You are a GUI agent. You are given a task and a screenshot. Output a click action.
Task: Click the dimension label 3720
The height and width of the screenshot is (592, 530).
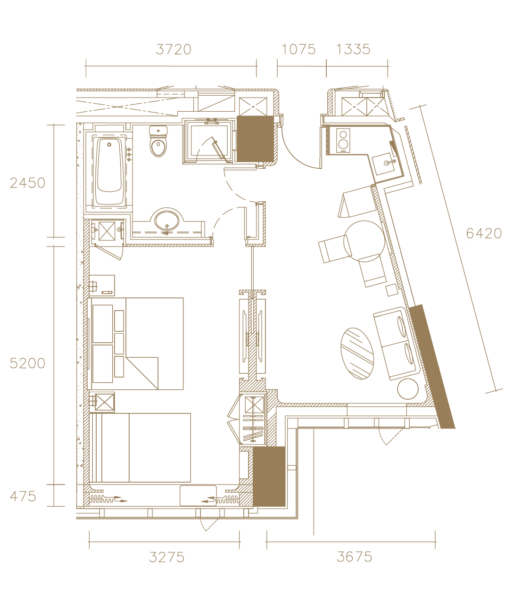[x=174, y=49]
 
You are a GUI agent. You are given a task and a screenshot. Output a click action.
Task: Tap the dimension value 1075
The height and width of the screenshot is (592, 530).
[x=298, y=49]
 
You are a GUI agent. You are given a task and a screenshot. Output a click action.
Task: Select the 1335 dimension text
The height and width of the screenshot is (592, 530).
[x=354, y=49]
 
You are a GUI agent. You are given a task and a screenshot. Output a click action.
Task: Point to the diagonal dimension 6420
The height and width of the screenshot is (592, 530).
[x=484, y=233]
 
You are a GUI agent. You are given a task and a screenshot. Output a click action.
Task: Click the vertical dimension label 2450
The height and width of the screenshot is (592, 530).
[x=27, y=183]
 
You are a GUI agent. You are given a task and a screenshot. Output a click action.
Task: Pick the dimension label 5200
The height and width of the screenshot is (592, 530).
[x=27, y=363]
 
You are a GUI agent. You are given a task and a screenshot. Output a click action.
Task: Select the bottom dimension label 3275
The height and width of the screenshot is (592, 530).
[x=166, y=558]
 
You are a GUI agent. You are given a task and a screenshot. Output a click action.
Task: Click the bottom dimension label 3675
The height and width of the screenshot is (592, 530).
[x=354, y=557]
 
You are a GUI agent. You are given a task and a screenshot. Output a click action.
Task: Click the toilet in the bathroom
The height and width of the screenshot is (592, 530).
[x=158, y=141]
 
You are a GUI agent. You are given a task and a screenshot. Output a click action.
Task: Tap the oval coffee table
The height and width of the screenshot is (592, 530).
[x=357, y=354]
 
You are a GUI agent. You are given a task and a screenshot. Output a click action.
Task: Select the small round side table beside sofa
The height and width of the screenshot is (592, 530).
[x=408, y=389]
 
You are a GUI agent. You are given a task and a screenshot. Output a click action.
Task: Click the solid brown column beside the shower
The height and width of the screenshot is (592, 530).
[x=255, y=139]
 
